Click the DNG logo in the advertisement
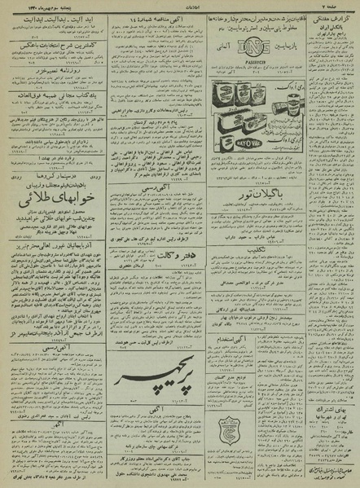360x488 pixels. click(253, 51)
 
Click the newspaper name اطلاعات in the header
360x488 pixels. click(181, 6)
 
